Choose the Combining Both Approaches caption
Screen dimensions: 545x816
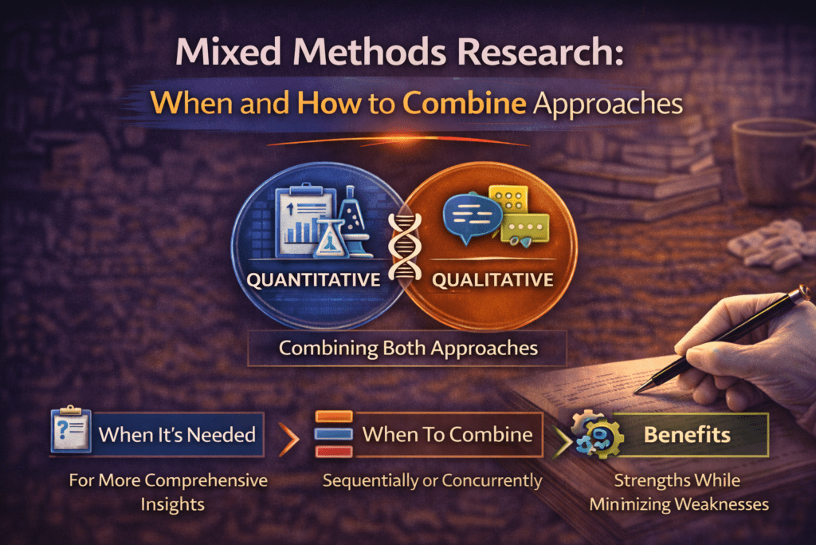point(408,349)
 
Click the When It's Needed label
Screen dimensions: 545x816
point(177,434)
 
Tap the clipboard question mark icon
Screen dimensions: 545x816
point(69,432)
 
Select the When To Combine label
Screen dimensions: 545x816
point(447,434)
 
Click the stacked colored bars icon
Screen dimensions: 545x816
point(334,434)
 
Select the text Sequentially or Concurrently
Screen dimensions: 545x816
point(431,480)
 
